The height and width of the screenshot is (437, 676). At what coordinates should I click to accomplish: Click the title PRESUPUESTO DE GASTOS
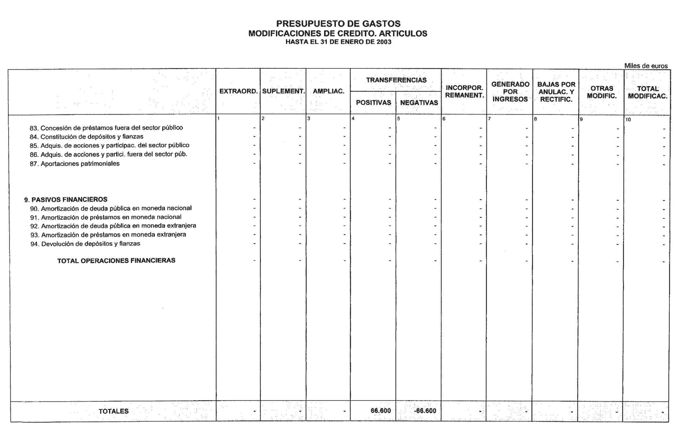(338, 23)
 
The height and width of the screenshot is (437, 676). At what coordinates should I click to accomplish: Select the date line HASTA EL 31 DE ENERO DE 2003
(338, 42)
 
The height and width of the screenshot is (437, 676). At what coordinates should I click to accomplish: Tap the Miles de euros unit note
(646, 66)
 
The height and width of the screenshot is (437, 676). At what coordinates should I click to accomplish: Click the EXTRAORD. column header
(238, 91)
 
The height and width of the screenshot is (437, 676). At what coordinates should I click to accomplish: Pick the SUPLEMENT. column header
(283, 91)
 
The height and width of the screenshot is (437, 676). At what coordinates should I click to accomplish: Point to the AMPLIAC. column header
(328, 91)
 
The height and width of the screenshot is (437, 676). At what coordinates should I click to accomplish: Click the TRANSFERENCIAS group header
(396, 80)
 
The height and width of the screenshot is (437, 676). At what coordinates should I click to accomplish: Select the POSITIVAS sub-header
(373, 103)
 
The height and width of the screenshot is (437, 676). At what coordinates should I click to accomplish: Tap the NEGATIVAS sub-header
(419, 103)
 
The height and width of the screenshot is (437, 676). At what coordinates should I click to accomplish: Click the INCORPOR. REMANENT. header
(464, 92)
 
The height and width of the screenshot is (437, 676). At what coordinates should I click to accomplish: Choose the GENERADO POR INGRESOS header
(510, 92)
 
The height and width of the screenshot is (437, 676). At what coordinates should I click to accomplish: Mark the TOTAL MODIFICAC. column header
(647, 92)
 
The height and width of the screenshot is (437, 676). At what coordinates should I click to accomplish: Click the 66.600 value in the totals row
(380, 411)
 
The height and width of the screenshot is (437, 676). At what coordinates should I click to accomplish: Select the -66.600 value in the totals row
(425, 411)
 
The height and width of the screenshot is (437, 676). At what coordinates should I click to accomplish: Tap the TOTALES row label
(114, 411)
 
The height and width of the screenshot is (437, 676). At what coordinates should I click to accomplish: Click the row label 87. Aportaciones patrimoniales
(75, 164)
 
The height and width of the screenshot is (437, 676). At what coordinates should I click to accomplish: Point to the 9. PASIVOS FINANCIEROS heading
(66, 200)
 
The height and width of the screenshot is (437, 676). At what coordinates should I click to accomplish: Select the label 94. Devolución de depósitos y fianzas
(85, 244)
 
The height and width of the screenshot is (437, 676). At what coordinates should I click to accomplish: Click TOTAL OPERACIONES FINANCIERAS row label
(116, 261)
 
